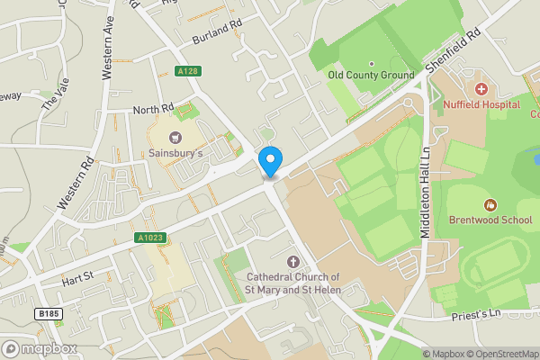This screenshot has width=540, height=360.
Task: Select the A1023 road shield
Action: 151,238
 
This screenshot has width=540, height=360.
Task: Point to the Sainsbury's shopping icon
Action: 175,138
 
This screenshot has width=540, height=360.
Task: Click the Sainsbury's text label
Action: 175,154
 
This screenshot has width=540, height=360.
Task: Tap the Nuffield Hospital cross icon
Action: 481,89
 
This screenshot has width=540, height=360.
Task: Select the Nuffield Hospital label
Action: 481,104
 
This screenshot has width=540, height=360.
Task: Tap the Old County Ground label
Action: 371,76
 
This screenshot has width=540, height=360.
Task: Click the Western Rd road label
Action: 76,185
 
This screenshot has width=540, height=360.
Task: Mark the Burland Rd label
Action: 218,37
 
